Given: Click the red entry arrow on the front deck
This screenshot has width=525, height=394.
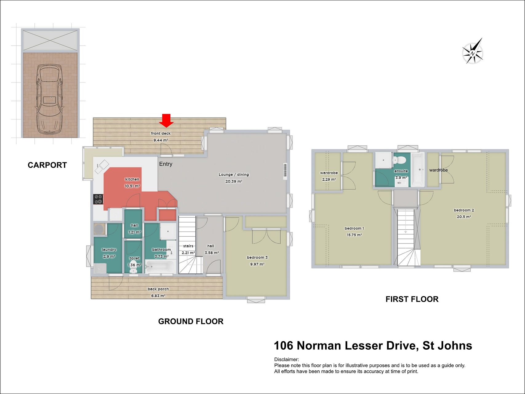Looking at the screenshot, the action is (x=166, y=120).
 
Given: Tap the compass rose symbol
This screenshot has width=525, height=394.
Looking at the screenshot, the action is (x=473, y=51).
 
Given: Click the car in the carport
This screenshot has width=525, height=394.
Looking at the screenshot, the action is (x=49, y=98).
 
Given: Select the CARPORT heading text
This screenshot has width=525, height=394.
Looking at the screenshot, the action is (x=47, y=165).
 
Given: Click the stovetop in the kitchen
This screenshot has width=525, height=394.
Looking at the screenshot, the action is (x=98, y=199).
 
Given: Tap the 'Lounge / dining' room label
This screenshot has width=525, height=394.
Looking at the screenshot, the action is (x=234, y=175).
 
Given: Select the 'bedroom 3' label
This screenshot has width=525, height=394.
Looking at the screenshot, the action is (x=257, y=257).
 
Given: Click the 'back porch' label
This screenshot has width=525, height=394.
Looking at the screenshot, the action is (x=158, y=289).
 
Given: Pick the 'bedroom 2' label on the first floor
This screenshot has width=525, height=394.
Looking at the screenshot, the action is (x=464, y=210).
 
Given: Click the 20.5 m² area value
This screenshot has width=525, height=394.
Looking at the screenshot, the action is (x=464, y=217).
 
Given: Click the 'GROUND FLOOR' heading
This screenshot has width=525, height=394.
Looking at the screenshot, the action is (x=191, y=321).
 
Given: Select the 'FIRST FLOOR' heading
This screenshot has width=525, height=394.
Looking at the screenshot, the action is (x=412, y=299).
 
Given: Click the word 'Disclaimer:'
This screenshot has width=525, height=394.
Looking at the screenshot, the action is (x=287, y=360).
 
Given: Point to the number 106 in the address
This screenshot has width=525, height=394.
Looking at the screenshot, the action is (x=284, y=346).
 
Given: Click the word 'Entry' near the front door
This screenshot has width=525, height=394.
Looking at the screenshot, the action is (x=166, y=164).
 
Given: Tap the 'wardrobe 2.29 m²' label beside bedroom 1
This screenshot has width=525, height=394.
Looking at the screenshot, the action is (x=329, y=176).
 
